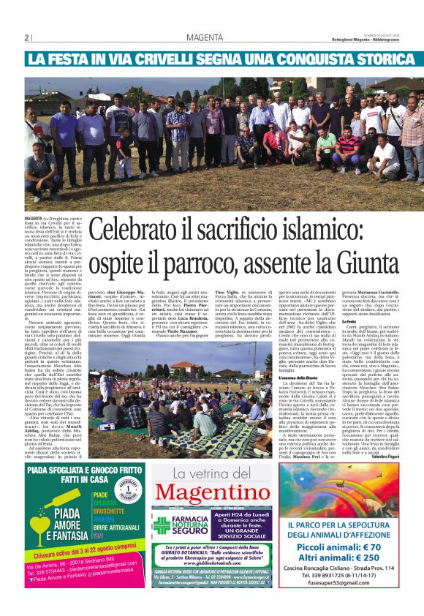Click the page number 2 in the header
click(26, 38)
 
